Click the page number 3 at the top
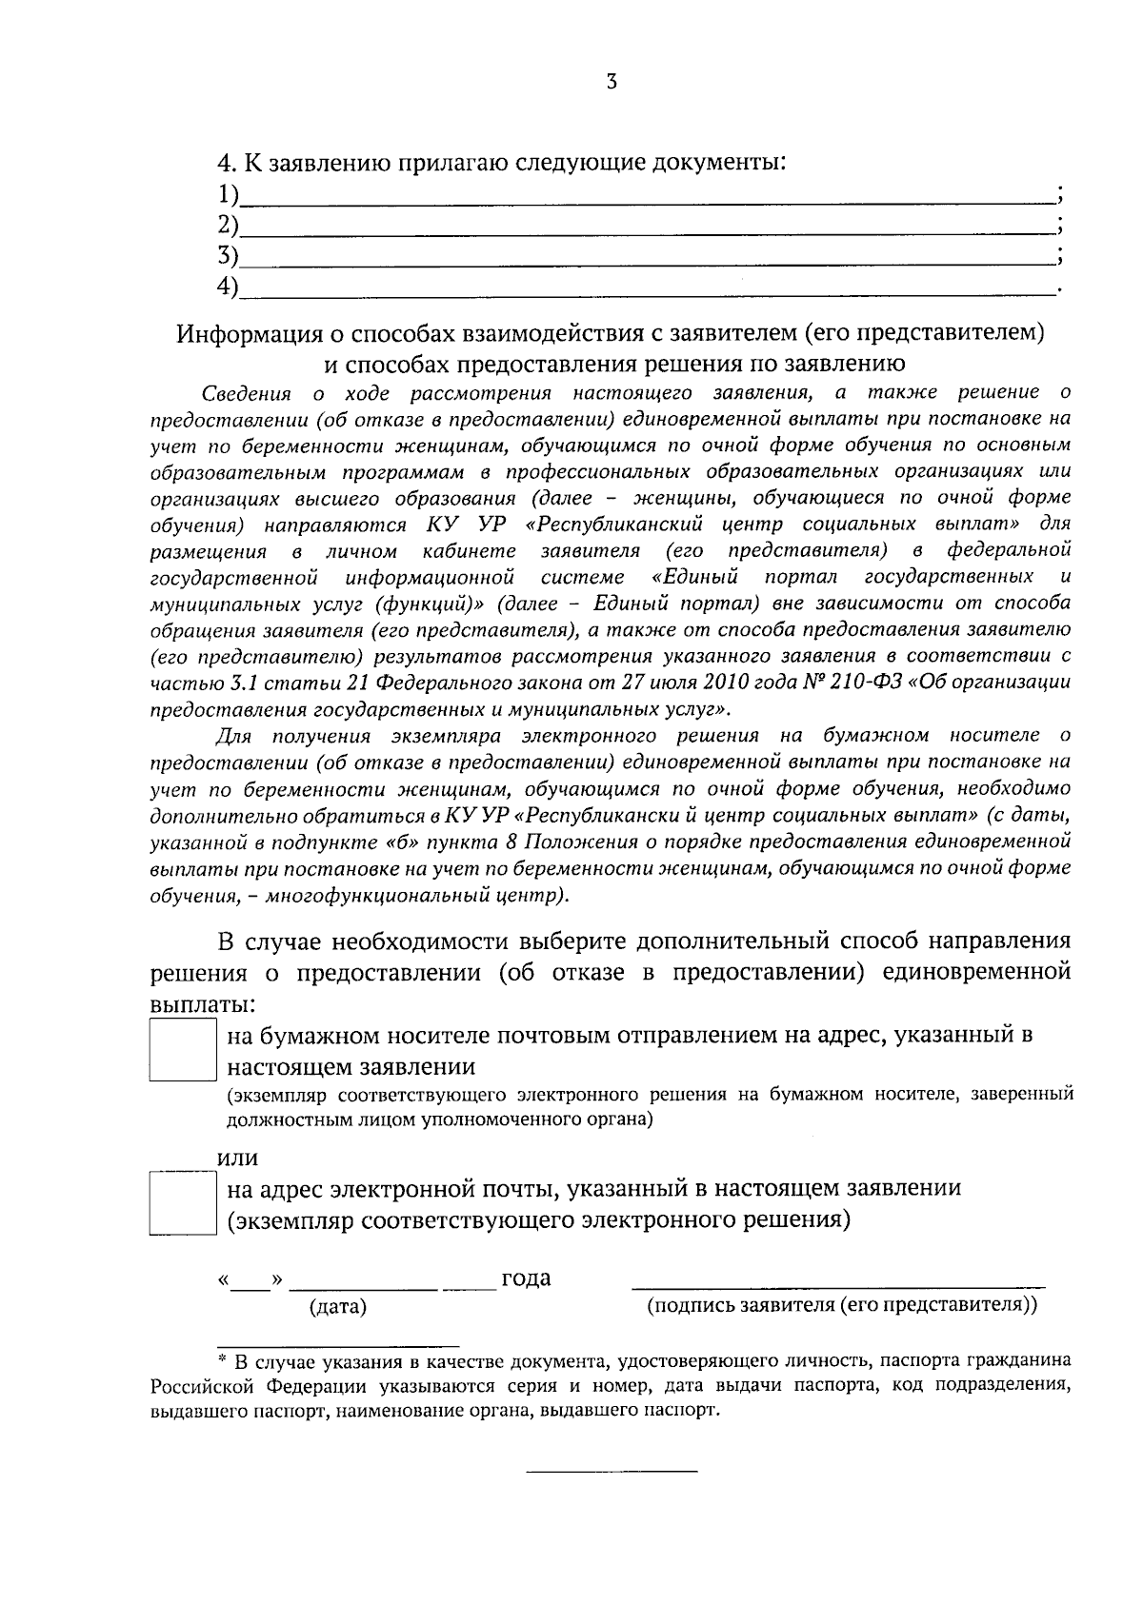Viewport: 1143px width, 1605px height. coord(611,82)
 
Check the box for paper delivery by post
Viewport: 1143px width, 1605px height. coord(183,1050)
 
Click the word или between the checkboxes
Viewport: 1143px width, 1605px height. coord(238,1159)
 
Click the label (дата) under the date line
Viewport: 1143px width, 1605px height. coord(338,1307)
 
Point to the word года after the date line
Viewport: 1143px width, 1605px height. coord(526,1278)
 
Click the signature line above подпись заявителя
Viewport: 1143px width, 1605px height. coord(838,1284)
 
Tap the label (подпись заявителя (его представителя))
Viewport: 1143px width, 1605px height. coord(842,1305)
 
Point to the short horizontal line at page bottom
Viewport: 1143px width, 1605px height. coord(612,1472)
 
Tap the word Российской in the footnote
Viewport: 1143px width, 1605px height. coord(199,1385)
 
